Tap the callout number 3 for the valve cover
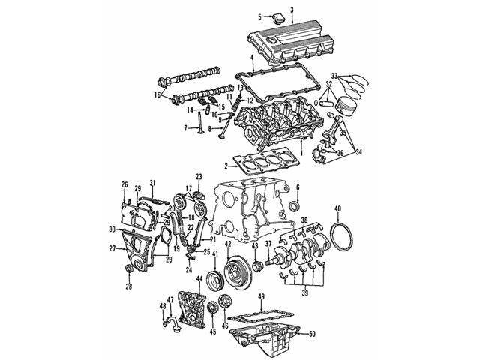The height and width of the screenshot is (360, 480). click(292, 8)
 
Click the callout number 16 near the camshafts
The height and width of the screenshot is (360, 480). click(157, 94)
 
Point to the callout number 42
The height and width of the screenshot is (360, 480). click(227, 244)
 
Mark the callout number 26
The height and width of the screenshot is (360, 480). click(125, 184)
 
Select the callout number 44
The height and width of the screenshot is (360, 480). click(199, 279)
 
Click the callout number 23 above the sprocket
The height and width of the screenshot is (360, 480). click(199, 177)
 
